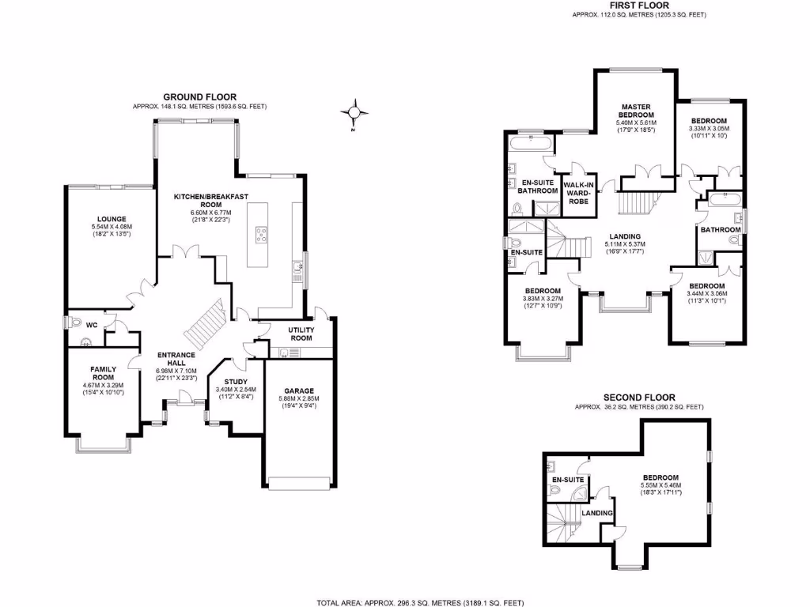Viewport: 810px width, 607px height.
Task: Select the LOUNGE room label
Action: (x=112, y=219)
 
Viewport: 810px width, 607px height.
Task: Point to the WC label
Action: (x=91, y=324)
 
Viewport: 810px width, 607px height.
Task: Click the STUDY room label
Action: (x=236, y=381)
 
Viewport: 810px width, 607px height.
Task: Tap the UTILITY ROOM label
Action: (x=301, y=332)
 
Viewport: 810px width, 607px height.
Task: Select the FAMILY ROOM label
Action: (x=104, y=373)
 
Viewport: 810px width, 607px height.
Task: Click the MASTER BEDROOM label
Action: (x=636, y=110)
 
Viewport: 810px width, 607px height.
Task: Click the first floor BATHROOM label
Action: (x=720, y=229)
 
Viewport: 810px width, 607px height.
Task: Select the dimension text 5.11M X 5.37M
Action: (x=625, y=243)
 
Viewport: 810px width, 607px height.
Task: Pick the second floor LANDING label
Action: (x=597, y=513)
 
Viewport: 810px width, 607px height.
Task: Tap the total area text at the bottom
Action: (x=419, y=601)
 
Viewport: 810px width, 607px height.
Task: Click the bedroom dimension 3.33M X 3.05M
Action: (x=709, y=129)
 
